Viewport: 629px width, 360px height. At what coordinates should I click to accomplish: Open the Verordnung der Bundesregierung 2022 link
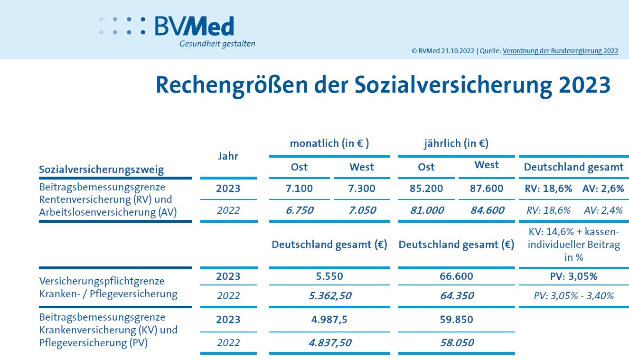(560, 51)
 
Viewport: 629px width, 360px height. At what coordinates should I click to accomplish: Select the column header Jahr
(228, 156)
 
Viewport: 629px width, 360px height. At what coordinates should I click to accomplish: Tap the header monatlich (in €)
(329, 143)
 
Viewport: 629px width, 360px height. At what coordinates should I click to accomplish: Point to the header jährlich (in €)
(456, 143)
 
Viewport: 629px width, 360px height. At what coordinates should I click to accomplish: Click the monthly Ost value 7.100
(300, 189)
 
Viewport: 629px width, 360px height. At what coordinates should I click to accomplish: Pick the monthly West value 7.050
(362, 210)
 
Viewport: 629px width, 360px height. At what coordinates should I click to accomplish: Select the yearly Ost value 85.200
(426, 189)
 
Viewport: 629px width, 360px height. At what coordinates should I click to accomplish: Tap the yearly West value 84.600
(487, 210)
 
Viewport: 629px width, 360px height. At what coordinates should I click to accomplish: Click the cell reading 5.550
(329, 276)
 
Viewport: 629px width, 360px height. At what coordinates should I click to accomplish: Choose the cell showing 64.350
(457, 296)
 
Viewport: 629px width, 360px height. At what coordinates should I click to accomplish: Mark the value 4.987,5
(329, 320)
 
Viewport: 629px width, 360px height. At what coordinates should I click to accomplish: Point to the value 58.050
(457, 343)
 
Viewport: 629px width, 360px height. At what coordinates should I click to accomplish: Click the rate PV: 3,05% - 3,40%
(573, 296)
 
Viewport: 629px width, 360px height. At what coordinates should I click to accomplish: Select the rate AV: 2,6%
(603, 189)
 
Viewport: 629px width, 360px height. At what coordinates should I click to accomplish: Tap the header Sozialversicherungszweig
(101, 170)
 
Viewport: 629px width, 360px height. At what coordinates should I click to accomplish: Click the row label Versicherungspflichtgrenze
(102, 281)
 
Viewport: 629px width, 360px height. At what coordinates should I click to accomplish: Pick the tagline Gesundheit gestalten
(217, 44)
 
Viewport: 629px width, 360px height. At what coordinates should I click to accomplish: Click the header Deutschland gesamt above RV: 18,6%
(573, 167)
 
